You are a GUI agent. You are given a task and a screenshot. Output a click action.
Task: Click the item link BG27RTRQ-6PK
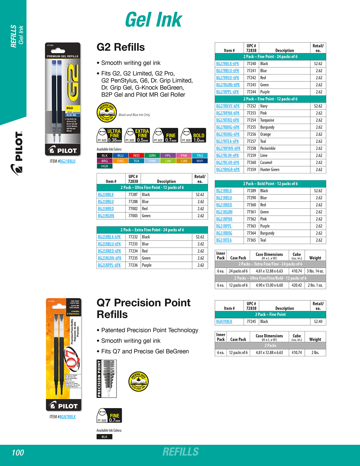click(227, 120)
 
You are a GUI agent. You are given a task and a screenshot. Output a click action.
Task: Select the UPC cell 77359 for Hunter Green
click(251, 170)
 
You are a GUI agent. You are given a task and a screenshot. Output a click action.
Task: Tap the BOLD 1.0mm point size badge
click(194, 135)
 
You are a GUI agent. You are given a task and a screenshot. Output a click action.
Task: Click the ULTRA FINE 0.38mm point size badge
click(110, 135)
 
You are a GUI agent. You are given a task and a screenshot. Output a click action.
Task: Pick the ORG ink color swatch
click(120, 161)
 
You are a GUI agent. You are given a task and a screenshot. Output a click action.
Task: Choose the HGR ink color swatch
click(104, 166)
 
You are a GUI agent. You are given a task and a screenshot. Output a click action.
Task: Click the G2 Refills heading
click(121, 47)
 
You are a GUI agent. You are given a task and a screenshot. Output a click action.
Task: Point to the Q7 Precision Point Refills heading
click(143, 308)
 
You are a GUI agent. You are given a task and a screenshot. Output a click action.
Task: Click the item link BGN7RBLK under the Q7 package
click(67, 417)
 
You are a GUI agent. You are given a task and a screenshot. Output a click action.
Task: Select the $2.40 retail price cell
click(318, 321)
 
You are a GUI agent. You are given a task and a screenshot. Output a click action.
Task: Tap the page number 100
click(18, 453)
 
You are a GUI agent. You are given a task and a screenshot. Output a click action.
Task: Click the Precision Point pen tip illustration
click(107, 379)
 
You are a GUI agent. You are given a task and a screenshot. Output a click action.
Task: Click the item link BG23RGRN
click(106, 216)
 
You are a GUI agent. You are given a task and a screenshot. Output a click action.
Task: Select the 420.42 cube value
click(297, 285)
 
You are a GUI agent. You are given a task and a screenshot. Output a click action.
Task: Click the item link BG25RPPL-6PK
click(109, 265)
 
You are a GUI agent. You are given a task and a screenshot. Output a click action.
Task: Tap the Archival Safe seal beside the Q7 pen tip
click(139, 382)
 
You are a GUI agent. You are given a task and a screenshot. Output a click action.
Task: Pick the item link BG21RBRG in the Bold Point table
click(224, 233)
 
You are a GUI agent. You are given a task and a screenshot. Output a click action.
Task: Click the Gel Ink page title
click(153, 20)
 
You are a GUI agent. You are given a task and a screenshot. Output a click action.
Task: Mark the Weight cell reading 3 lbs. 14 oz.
click(315, 271)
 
